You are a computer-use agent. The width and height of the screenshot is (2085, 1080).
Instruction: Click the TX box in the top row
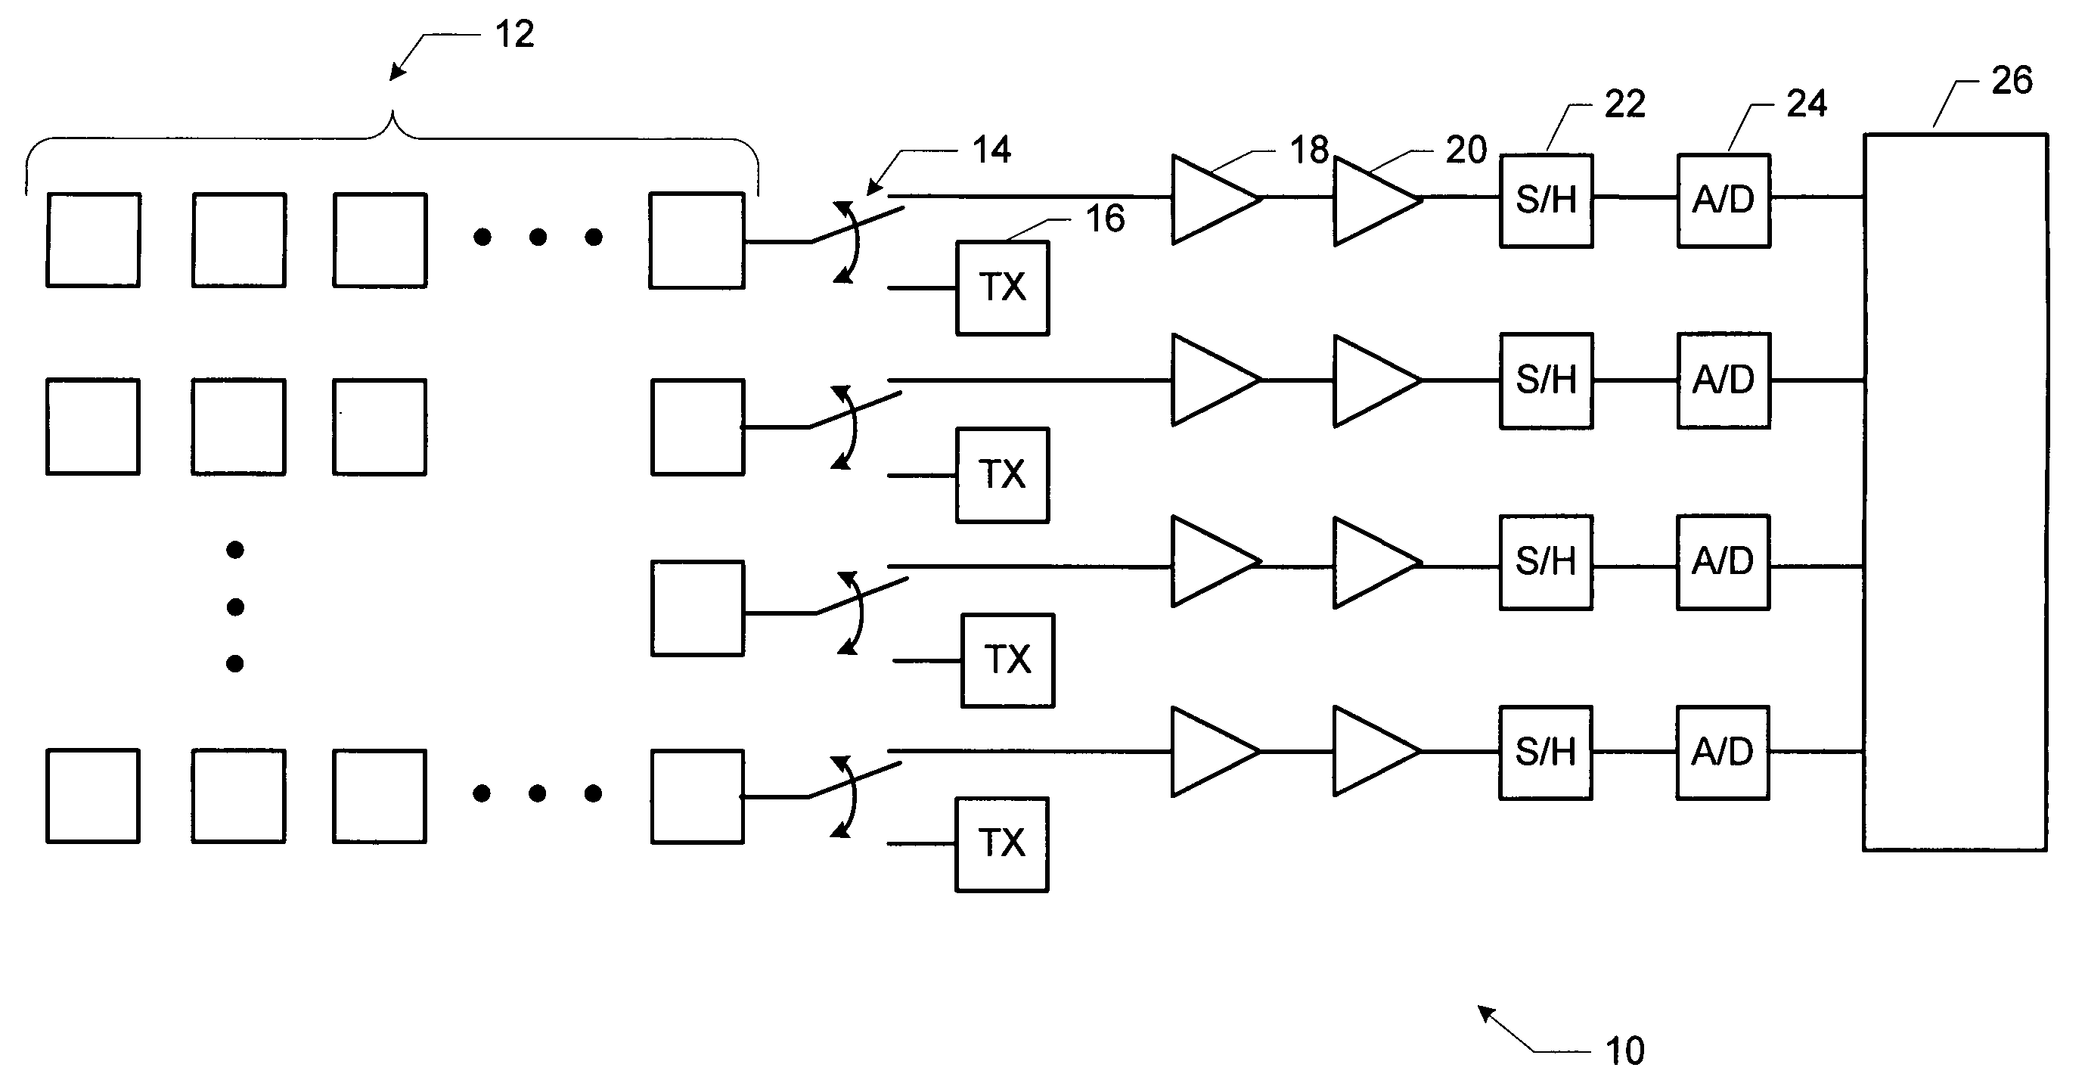click(x=1003, y=287)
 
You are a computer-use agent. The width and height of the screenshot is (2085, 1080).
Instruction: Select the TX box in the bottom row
click(x=1002, y=844)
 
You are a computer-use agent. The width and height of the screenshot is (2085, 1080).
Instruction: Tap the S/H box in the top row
click(x=1547, y=200)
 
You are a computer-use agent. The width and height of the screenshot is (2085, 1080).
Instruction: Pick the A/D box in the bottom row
click(x=1723, y=753)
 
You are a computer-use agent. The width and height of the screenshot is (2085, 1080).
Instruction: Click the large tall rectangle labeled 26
click(x=1956, y=492)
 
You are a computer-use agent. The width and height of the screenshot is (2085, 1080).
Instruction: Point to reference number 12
click(x=515, y=34)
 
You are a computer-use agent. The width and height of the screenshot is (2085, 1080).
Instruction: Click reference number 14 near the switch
click(x=991, y=150)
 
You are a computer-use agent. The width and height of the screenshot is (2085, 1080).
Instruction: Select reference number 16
click(x=1105, y=219)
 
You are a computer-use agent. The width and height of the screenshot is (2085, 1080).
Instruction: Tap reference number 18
click(x=1309, y=150)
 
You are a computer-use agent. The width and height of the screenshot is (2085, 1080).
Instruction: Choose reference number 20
click(x=1466, y=150)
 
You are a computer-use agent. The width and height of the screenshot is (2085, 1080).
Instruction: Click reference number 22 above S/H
click(x=1624, y=104)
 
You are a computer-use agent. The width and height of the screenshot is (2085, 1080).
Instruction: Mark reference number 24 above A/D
click(x=1807, y=104)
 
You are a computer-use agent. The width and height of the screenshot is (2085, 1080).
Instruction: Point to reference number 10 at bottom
click(x=1624, y=1051)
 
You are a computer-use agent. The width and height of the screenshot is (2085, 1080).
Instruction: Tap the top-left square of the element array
click(x=93, y=240)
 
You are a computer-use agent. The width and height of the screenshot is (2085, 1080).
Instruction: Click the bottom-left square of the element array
click(x=93, y=796)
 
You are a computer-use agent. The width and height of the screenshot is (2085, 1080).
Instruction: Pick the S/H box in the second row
click(x=1547, y=380)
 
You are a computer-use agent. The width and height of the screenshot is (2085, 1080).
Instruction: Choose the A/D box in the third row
click(x=1724, y=563)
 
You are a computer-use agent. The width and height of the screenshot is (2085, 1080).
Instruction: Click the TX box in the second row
click(x=1003, y=475)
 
